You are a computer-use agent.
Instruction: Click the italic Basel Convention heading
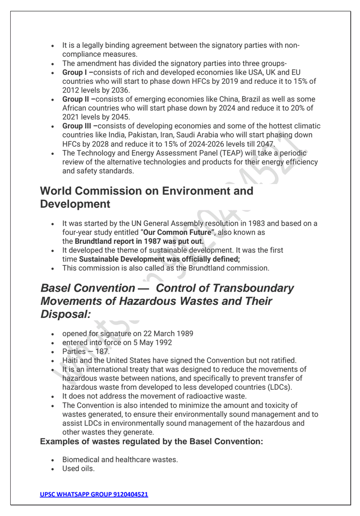(x=168, y=301)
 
